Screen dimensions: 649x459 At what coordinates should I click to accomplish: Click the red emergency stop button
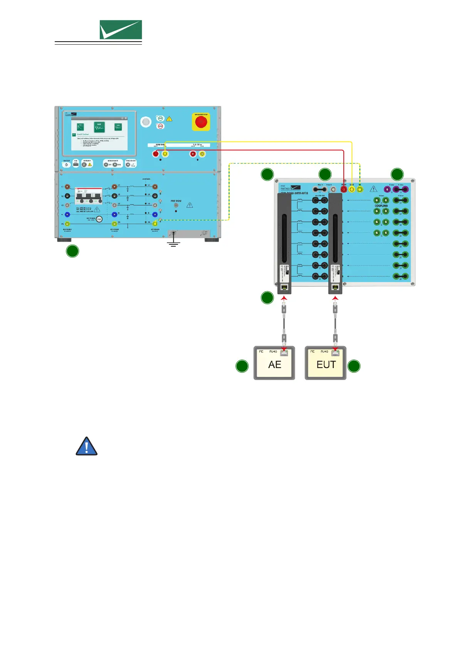[x=201, y=122]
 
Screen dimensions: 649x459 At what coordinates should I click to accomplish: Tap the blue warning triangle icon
[x=87, y=447]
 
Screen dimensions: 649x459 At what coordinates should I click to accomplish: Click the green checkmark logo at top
[x=121, y=30]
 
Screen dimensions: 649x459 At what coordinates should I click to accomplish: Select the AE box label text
[x=274, y=365]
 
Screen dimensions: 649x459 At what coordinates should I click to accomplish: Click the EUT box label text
[x=326, y=365]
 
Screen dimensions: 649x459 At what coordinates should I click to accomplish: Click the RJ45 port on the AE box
[x=284, y=352]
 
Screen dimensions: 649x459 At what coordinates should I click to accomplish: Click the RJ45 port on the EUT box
[x=336, y=352]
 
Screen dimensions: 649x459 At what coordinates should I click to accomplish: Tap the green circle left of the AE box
[x=242, y=366]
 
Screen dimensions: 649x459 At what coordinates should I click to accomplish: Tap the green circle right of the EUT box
[x=354, y=366]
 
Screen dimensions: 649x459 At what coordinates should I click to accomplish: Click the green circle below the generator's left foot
[x=72, y=251]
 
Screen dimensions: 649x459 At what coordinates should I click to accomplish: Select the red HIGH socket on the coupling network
[x=344, y=189]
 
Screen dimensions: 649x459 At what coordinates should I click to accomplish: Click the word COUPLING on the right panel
[x=381, y=206]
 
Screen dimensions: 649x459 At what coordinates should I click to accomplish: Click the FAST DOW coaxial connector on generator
[x=176, y=205]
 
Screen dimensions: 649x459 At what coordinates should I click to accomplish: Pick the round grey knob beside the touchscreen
[x=146, y=122]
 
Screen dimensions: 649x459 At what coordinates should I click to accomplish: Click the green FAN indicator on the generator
[x=160, y=118]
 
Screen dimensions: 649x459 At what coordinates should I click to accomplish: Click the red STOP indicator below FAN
[x=160, y=126]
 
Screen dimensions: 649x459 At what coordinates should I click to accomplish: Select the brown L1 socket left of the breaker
[x=67, y=187]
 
